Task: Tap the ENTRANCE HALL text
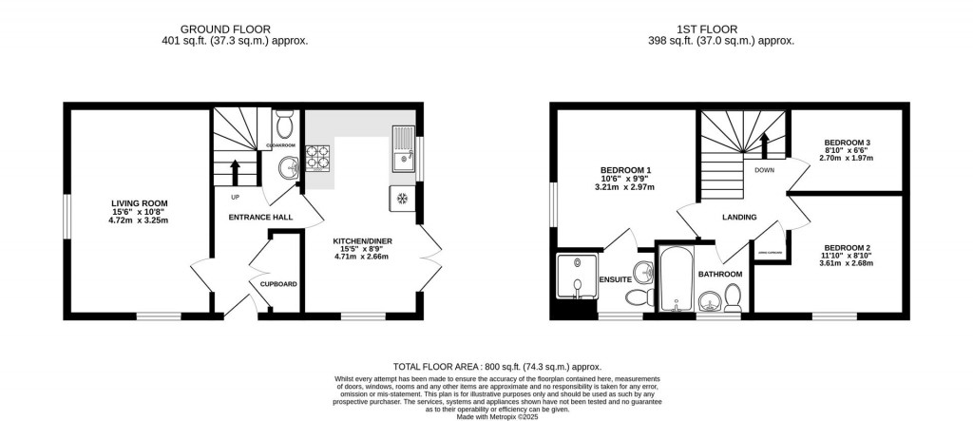[x=260, y=218]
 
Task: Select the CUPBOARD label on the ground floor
[x=278, y=284]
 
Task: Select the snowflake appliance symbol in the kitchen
[x=401, y=199]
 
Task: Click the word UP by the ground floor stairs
[x=235, y=197]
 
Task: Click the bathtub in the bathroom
[x=674, y=280]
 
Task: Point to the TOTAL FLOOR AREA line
[x=497, y=366]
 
